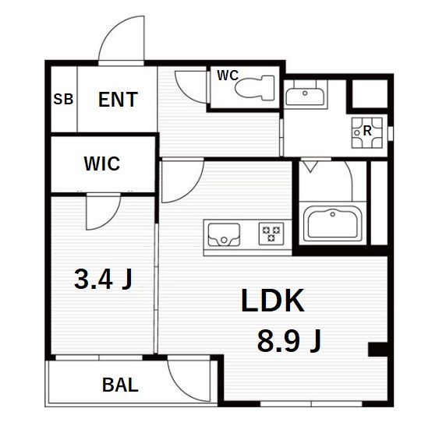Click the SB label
pos(63,100)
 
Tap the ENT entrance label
pos(118,100)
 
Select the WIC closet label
pos(102,163)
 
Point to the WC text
pos(228,76)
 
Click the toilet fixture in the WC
pos(254,88)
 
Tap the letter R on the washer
pos(367,131)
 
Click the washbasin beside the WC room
pos(305,97)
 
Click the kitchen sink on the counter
pos(224,234)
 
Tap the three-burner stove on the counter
pos(271,234)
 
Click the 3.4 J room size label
pos(103,280)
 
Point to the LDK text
pos(272,301)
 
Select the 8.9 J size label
pos(289,340)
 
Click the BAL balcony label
pos(120,385)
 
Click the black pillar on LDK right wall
pos(377,350)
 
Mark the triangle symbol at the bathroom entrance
pos(310,167)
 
